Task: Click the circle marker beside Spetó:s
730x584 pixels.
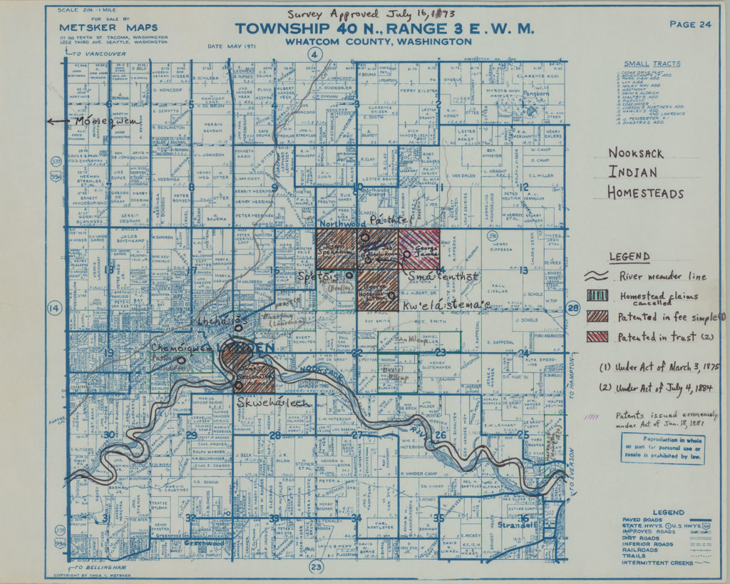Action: click(349, 275)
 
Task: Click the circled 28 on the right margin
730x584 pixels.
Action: click(573, 308)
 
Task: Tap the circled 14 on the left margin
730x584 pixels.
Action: click(53, 308)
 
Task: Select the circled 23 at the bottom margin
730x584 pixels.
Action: click(316, 567)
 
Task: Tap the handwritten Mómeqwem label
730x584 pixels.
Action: click(106, 121)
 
